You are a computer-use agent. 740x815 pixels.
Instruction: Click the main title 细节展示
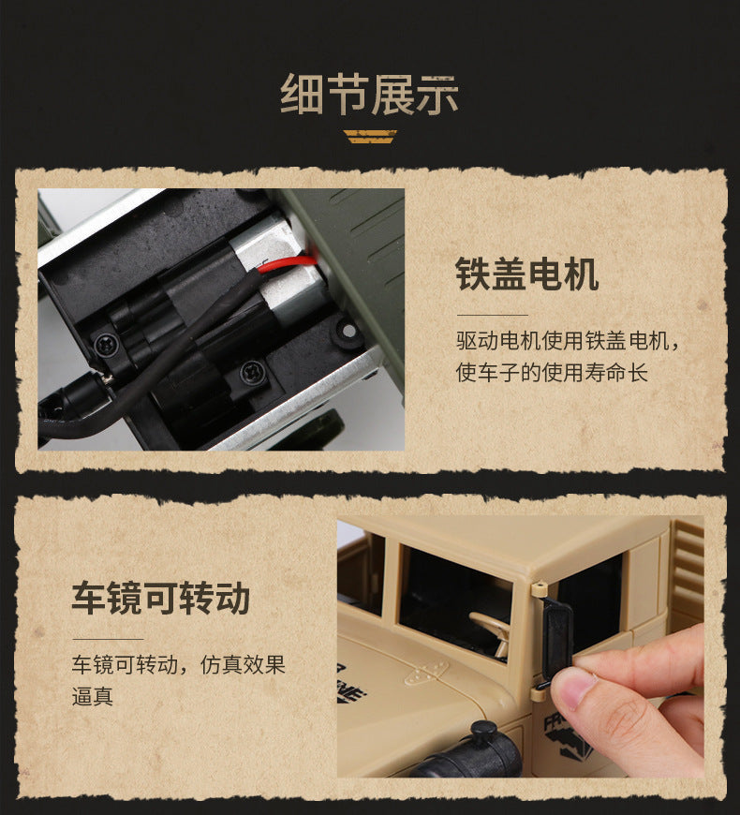click(x=369, y=96)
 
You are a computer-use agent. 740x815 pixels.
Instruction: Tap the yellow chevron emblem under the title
click(x=370, y=137)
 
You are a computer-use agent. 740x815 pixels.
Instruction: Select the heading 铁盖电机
click(x=527, y=274)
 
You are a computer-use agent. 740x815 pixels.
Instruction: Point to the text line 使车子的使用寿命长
click(x=552, y=373)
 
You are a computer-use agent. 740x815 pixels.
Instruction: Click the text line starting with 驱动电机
click(x=568, y=341)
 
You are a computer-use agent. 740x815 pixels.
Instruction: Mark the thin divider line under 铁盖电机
click(x=492, y=315)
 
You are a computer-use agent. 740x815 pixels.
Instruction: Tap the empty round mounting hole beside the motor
click(x=348, y=331)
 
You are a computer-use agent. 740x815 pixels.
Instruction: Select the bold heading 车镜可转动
click(x=161, y=599)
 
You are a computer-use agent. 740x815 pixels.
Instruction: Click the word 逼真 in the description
click(x=93, y=696)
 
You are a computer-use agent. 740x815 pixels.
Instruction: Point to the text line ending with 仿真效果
click(x=179, y=665)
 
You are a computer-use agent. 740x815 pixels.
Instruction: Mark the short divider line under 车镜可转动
click(x=108, y=639)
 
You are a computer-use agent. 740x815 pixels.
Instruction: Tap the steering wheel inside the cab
click(x=491, y=630)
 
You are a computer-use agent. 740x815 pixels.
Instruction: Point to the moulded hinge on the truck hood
click(x=425, y=674)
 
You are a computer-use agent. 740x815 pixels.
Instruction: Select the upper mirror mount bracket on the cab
click(x=539, y=588)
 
